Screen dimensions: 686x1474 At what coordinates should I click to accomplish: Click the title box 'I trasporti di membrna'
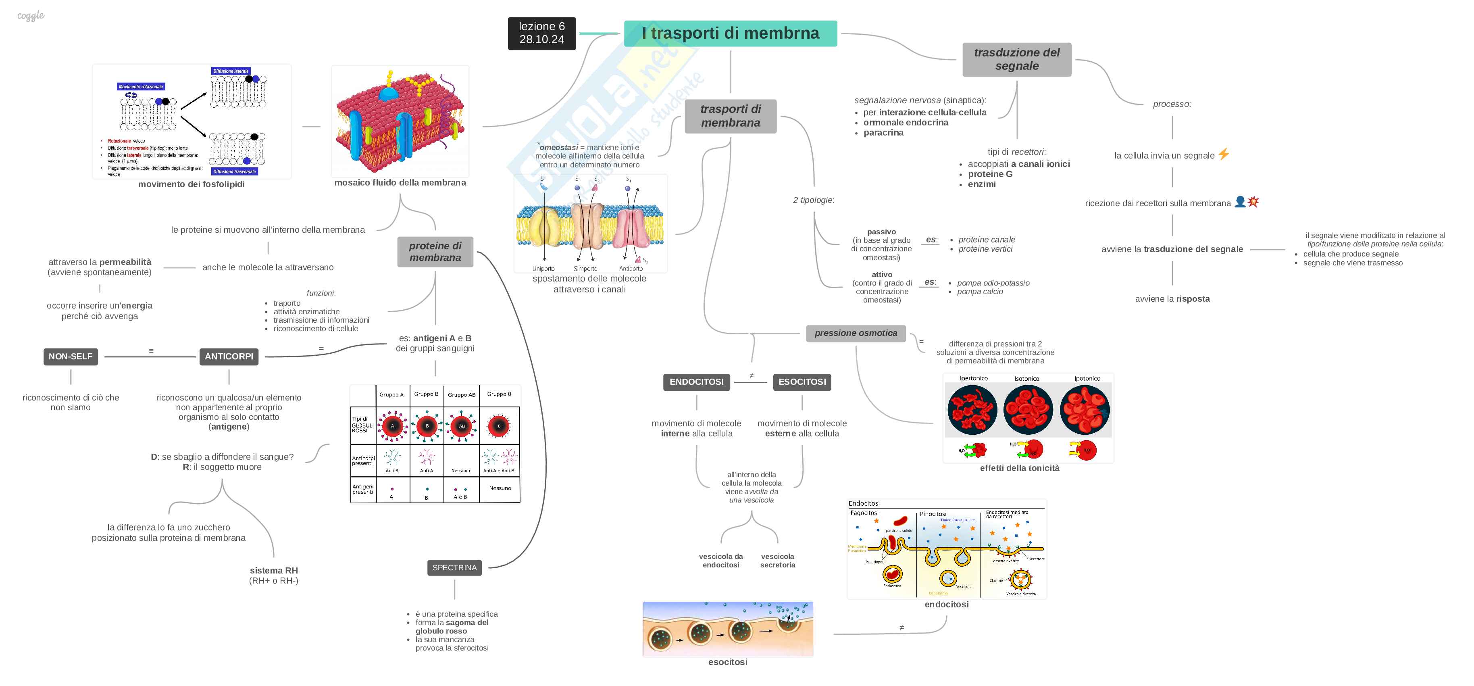click(730, 33)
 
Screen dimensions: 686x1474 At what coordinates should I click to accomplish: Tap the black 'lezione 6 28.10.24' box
click(541, 33)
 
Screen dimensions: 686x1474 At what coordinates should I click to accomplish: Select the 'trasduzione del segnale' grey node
click(1016, 59)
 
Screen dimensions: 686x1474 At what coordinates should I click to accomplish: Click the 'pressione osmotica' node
click(856, 333)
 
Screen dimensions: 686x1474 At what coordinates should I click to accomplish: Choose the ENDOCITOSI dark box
click(696, 382)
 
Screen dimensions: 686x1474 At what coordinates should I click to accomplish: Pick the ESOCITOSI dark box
click(802, 382)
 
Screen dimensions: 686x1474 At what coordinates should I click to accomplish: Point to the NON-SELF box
click(71, 357)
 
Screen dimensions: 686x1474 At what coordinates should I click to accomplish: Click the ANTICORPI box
click(229, 357)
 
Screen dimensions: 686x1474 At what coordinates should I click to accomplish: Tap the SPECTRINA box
click(454, 567)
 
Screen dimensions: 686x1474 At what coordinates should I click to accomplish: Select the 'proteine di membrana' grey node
click(435, 252)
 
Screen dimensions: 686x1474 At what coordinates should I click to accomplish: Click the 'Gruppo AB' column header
click(461, 395)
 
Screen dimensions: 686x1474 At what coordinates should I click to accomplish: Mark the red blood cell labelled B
click(427, 426)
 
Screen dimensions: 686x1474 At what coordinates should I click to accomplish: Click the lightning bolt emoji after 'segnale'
click(1223, 154)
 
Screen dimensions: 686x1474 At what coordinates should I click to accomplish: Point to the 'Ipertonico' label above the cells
click(973, 378)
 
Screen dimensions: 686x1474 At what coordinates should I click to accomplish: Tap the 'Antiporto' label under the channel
click(631, 268)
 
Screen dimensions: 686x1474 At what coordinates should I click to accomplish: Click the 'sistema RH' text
click(273, 570)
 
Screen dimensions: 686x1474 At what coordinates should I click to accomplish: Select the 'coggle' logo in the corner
click(31, 16)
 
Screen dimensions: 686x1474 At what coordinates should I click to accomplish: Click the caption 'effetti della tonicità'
click(1019, 468)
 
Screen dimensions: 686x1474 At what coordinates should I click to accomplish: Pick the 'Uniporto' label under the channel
click(543, 268)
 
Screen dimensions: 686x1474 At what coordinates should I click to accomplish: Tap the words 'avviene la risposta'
click(1172, 299)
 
